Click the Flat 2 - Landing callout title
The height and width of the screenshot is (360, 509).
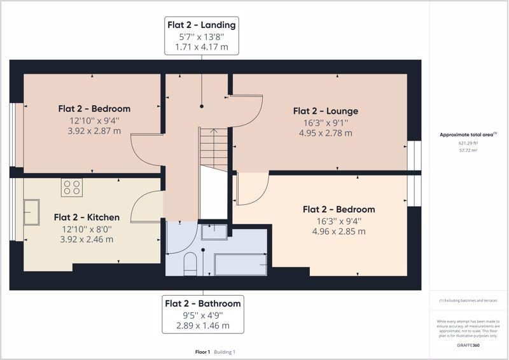coord(201,25)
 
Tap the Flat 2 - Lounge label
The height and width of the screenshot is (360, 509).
coord(326,111)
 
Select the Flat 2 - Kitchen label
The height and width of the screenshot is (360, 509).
coord(87,217)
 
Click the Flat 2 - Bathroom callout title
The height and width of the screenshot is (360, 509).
coord(203,303)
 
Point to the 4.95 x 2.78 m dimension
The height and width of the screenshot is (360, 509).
coord(326,133)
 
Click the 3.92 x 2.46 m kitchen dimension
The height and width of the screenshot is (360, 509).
coord(87,240)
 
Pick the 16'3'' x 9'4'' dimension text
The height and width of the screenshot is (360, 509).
coord(339,221)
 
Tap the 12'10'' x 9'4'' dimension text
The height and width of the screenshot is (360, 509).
coord(94,121)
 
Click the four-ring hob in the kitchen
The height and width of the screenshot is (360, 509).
coord(72,188)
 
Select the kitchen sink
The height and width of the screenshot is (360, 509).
coord(31,212)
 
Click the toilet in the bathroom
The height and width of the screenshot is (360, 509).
coord(190,264)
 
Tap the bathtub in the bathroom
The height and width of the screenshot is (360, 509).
coord(241,265)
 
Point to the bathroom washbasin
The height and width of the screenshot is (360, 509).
coord(214,232)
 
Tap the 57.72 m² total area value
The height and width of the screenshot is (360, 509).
coord(468,151)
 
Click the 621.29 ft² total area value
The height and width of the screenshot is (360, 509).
coord(468,143)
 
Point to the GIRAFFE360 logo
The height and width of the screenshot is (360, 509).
coord(468,345)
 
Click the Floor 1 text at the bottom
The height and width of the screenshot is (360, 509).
coord(202,352)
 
